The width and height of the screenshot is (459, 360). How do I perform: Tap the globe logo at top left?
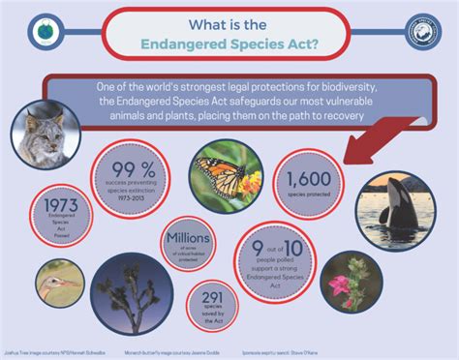pyautogui.click(x=44, y=33)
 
